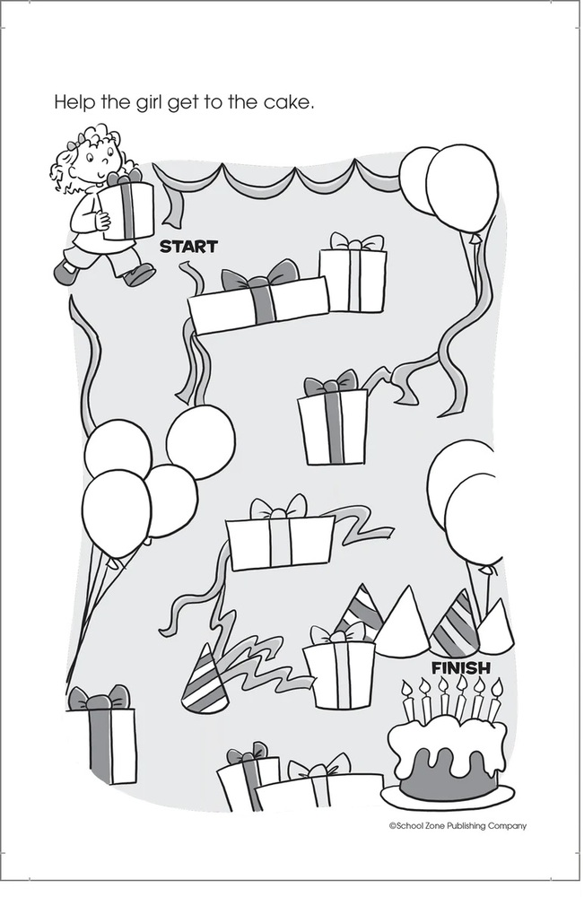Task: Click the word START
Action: [x=188, y=247]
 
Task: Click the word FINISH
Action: [x=461, y=667]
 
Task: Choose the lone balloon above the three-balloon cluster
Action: [x=201, y=441]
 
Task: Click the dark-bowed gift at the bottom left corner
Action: [x=101, y=736]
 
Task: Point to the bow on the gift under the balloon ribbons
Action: [x=331, y=382]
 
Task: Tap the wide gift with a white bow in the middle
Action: [x=280, y=535]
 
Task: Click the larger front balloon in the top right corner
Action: [x=462, y=188]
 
